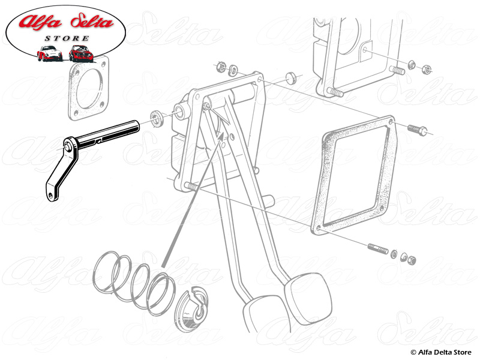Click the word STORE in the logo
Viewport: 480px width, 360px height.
[x=67, y=38]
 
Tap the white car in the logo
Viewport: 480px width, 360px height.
[x=49, y=53]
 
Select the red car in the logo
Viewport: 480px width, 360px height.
[x=81, y=53]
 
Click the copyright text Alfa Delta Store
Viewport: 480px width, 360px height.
[x=441, y=352]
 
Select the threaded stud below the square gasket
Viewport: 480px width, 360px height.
[x=377, y=248]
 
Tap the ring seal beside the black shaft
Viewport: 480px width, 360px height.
[x=157, y=118]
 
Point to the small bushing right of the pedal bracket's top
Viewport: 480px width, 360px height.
[x=291, y=78]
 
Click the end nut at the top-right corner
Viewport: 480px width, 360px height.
[x=425, y=69]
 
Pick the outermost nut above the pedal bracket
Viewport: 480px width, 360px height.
[x=221, y=67]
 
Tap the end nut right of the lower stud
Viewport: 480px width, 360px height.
[x=411, y=260]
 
